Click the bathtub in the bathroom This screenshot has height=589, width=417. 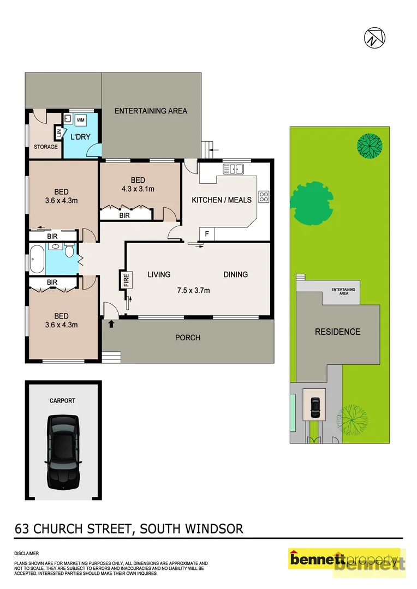pyautogui.click(x=37, y=259)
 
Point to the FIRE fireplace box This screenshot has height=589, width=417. pyautogui.click(x=126, y=280)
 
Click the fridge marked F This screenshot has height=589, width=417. pyautogui.click(x=206, y=234)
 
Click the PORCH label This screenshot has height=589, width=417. pyautogui.click(x=187, y=338)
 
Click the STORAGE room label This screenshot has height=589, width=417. pyautogui.click(x=46, y=147)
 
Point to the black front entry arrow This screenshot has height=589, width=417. pyautogui.click(x=112, y=324)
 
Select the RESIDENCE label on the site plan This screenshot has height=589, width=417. pyautogui.click(x=337, y=332)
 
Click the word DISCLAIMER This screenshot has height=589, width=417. pyautogui.click(x=26, y=553)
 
